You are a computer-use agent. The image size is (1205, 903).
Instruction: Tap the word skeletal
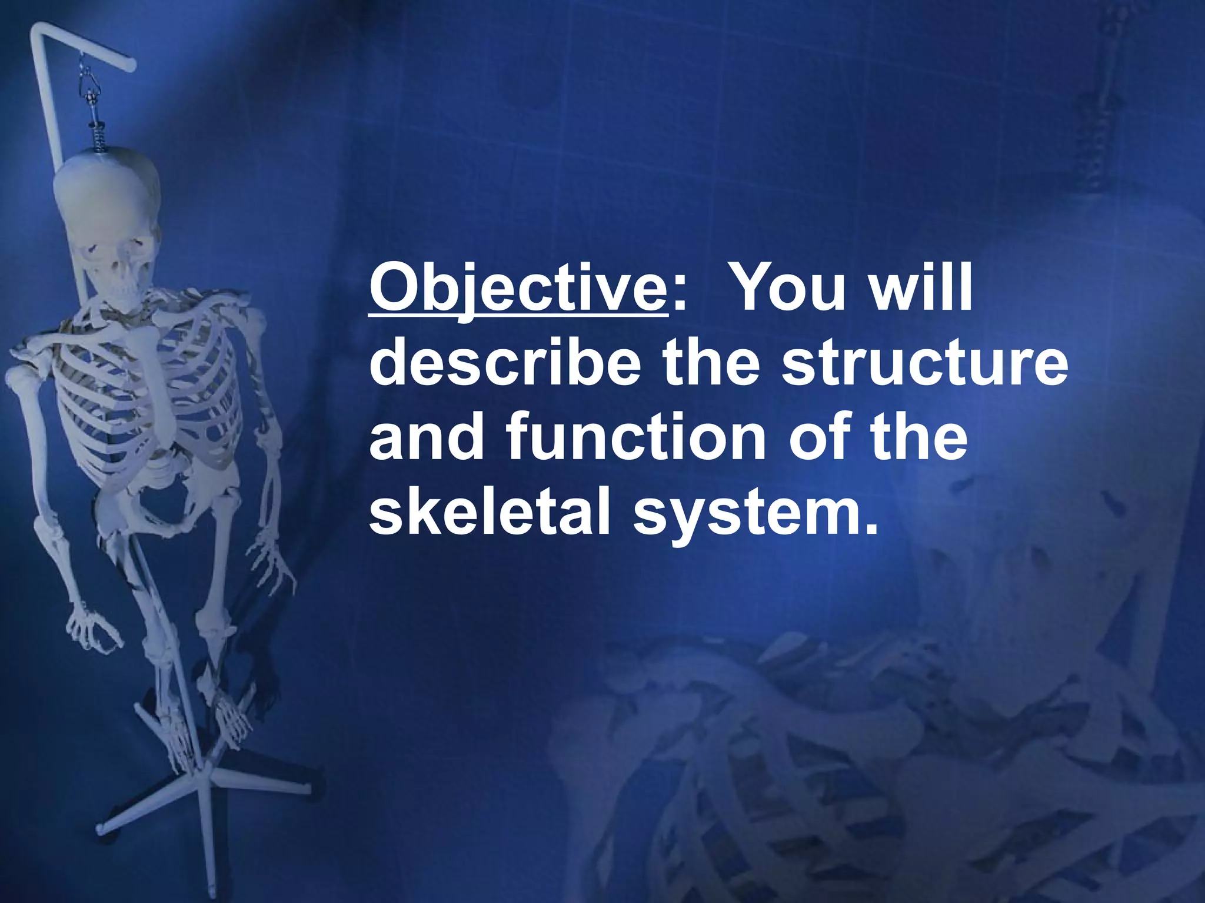(489, 511)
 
